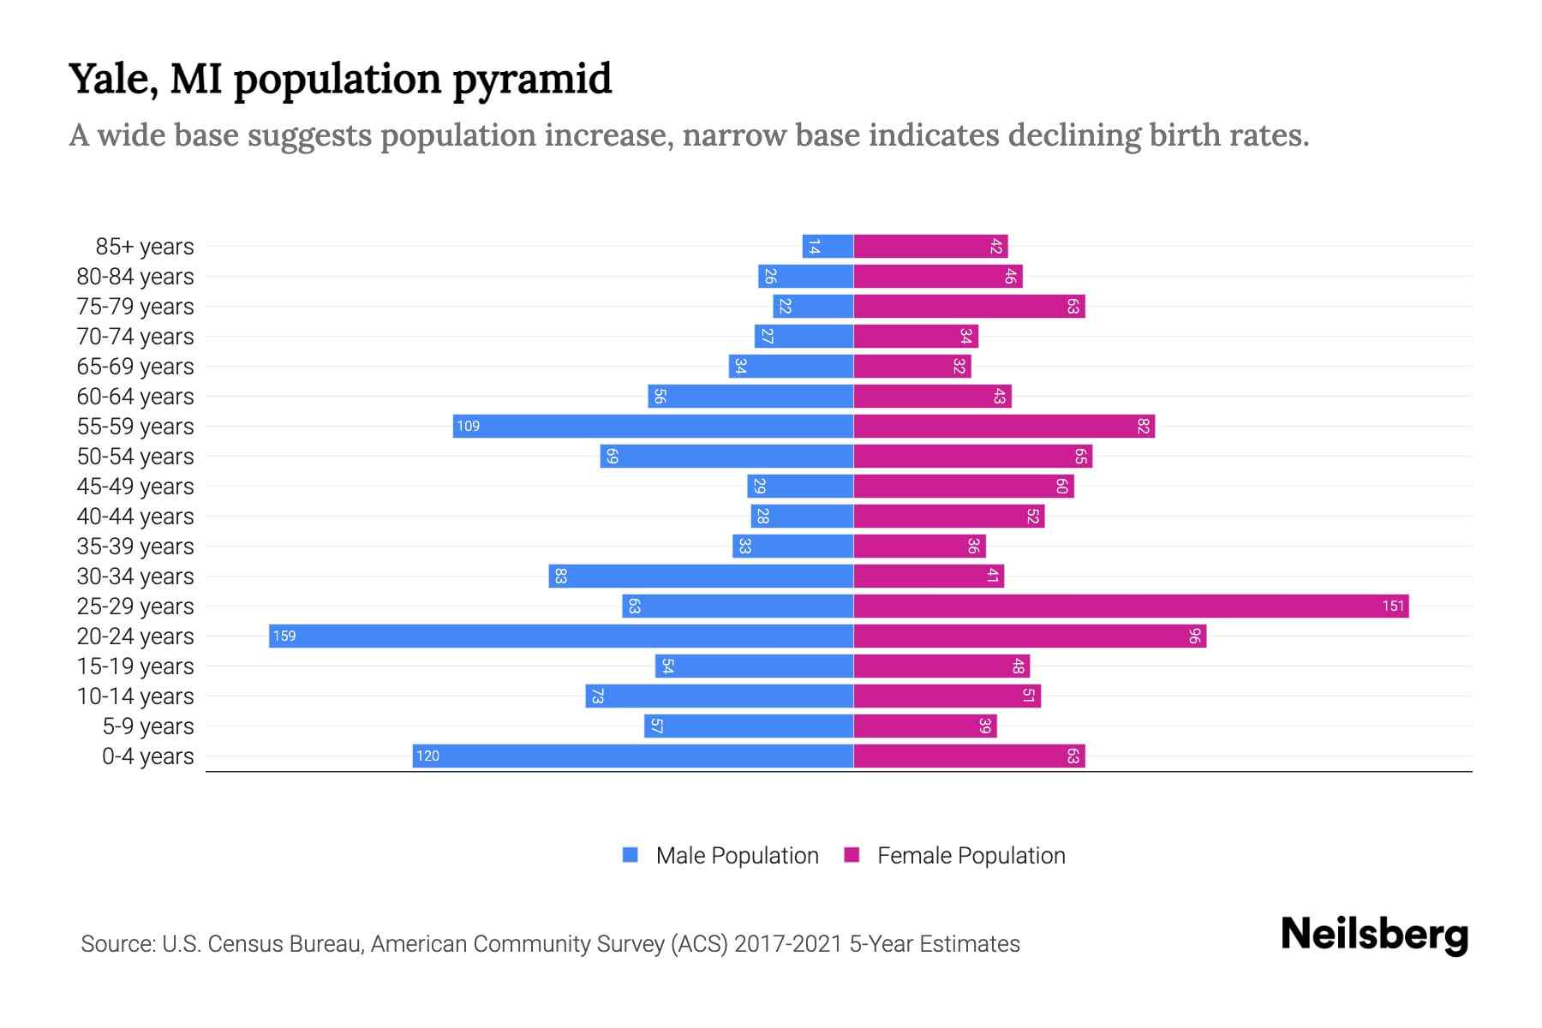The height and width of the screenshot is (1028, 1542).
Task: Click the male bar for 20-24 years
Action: point(561,637)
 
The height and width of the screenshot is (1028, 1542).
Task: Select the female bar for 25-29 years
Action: point(1131,607)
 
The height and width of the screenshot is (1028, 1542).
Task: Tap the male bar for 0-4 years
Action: point(634,756)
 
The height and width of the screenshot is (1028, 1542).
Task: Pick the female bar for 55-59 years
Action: point(1004,427)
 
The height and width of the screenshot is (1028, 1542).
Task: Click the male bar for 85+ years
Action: point(828,247)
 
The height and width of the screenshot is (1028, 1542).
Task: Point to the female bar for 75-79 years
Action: point(969,307)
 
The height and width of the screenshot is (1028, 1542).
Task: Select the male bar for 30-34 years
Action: point(701,577)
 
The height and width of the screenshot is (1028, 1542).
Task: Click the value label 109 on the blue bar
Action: point(468,427)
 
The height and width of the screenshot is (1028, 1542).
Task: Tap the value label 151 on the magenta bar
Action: point(1393,607)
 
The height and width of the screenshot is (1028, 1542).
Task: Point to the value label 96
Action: point(1194,637)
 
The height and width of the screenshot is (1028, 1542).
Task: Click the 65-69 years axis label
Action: point(135,367)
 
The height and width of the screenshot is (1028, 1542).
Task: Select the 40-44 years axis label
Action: point(135,517)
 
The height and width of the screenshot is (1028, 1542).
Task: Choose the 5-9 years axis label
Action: point(148,726)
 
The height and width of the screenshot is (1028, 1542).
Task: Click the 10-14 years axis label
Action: point(135,696)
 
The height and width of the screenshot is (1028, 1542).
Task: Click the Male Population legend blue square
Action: point(631,855)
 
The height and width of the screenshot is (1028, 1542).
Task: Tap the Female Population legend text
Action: point(971,856)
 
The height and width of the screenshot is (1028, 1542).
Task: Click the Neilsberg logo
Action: point(1374,935)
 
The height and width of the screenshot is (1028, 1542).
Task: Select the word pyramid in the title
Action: point(532,80)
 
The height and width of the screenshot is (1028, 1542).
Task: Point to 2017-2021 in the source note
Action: point(787,944)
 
